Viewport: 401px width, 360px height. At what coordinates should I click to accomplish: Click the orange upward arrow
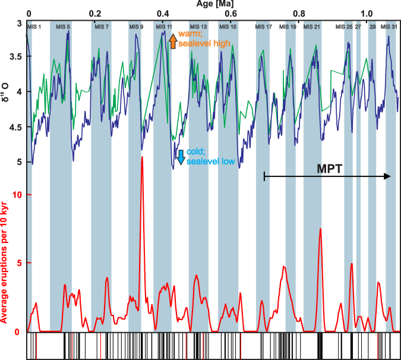click(172, 41)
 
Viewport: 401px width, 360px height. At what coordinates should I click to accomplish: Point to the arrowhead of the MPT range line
click(388, 176)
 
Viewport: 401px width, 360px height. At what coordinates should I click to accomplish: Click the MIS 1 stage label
click(37, 27)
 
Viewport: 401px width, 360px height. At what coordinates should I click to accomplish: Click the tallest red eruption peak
click(142, 158)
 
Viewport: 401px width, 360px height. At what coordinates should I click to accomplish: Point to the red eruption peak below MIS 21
click(320, 229)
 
